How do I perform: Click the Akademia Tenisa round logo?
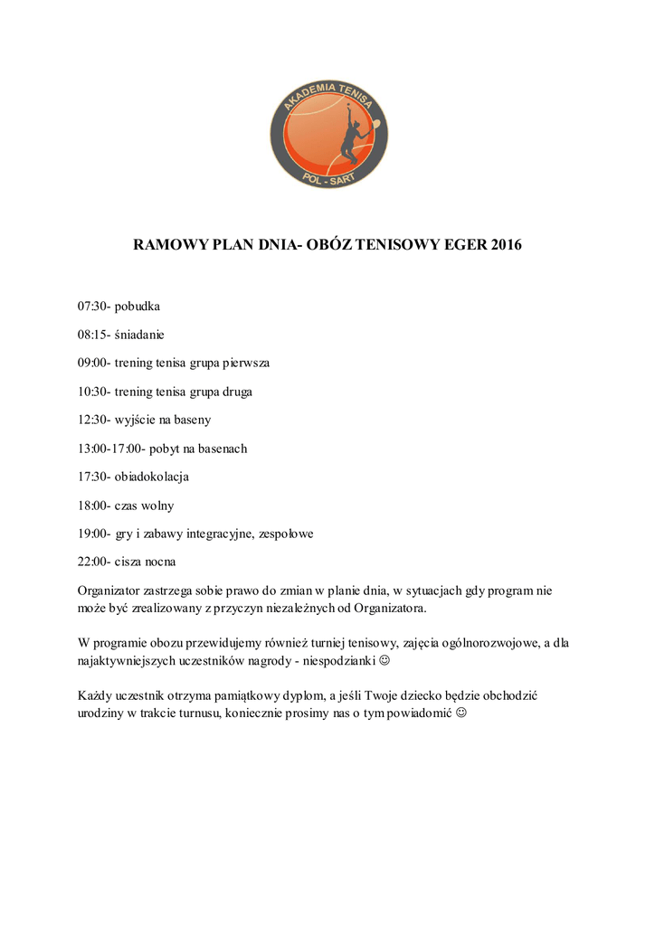327,134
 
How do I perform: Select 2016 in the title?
507,245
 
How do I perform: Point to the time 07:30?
92,307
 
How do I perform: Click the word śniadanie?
140,335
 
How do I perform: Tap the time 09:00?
92,363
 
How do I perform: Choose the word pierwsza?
246,363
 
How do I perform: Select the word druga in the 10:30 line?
233,392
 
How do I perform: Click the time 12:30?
92,420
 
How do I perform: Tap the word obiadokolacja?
152,477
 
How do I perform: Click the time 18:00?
92,506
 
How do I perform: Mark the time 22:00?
92,562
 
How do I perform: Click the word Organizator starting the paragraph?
110,591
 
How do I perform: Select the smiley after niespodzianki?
384,661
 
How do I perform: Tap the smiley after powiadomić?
462,713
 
